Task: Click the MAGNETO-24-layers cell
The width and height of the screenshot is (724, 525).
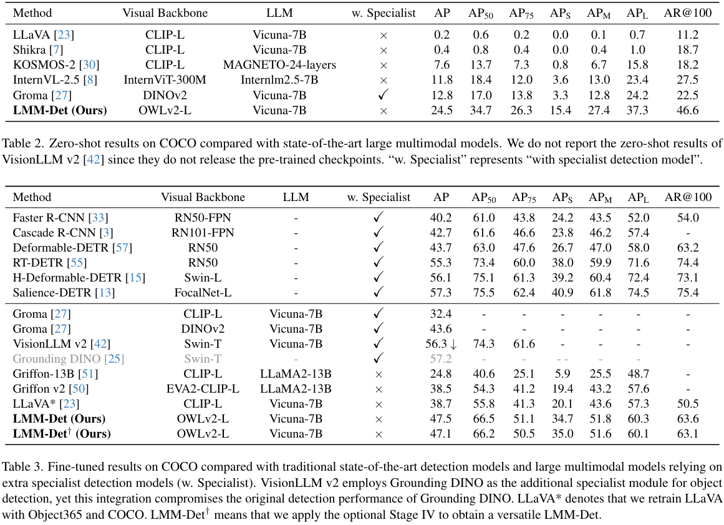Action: [x=279, y=64]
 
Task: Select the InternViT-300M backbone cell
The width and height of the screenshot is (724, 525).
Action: [x=165, y=79]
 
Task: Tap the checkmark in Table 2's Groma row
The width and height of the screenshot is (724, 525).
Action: [x=384, y=95]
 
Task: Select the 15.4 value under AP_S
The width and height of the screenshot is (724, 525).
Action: [x=561, y=110]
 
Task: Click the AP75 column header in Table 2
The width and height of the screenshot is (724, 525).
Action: [x=521, y=13]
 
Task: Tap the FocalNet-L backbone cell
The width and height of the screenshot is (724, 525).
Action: [x=203, y=293]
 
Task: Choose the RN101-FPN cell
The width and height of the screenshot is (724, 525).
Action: [x=203, y=233]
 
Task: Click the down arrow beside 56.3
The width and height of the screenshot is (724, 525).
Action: [x=453, y=344]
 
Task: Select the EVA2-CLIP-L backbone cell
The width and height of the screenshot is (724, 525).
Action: [x=203, y=389]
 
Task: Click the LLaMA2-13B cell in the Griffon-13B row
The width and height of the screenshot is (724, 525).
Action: [x=296, y=374]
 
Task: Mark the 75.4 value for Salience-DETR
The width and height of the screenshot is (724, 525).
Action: [x=687, y=293]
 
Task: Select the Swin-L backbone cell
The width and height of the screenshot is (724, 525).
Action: [x=203, y=278]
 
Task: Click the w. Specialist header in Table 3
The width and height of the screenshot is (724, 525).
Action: [x=379, y=197]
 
